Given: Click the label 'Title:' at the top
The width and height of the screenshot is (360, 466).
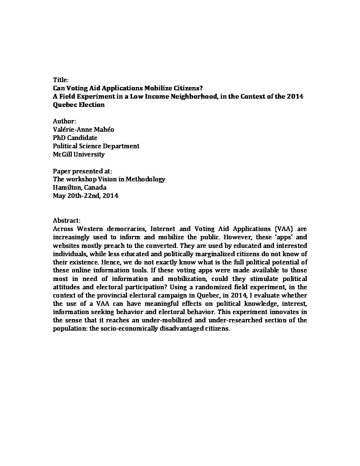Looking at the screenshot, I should click(x=61, y=80).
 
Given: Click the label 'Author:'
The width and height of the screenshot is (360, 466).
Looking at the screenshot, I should click(x=65, y=121).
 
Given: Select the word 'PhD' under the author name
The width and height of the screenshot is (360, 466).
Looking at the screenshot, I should click(x=59, y=138).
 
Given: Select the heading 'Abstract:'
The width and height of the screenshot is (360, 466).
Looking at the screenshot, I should click(x=67, y=220).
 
